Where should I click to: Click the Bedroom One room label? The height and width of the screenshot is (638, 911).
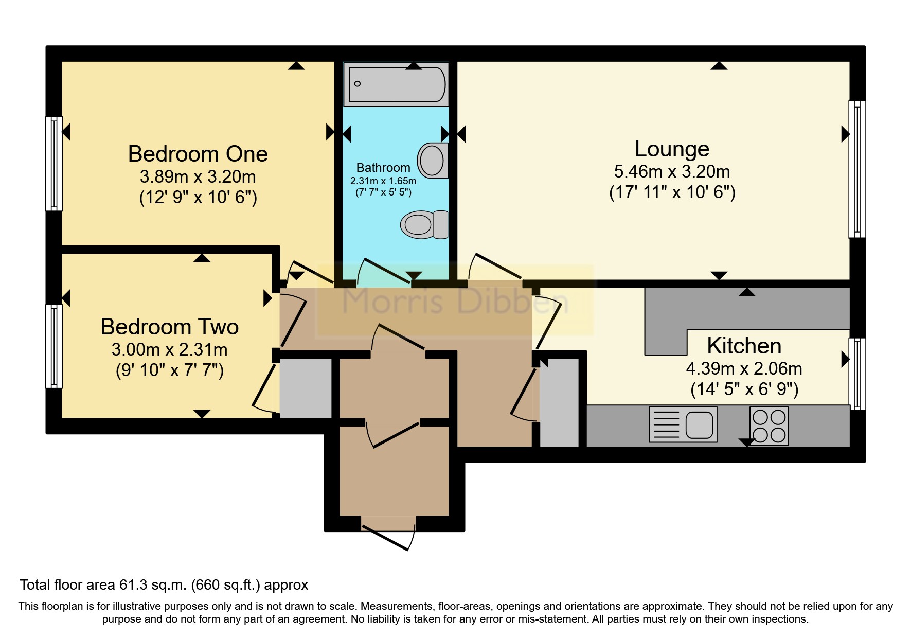click(198, 154)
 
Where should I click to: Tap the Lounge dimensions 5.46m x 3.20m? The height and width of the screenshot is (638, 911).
click(672, 171)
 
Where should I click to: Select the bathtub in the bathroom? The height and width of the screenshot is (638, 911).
click(396, 84)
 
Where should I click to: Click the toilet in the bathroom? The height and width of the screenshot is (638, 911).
click(424, 225)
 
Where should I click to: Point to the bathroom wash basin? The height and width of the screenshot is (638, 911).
click(432, 160)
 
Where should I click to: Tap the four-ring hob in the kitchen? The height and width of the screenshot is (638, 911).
click(769, 426)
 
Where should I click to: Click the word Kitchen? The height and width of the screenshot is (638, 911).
click(744, 346)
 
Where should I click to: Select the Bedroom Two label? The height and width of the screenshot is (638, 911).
click(169, 327)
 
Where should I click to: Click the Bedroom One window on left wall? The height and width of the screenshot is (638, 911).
click(54, 164)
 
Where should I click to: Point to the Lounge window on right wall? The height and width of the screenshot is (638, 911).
click(856, 169)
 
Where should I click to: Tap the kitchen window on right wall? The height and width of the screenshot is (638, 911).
click(856, 374)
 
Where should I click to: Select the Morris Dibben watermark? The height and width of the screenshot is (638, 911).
click(455, 301)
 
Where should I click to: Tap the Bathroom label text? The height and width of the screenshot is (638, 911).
click(383, 168)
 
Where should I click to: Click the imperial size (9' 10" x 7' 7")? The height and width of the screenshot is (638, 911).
click(169, 370)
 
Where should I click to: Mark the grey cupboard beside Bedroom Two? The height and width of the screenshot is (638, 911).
click(306, 388)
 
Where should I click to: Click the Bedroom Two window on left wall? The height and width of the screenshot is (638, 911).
click(54, 346)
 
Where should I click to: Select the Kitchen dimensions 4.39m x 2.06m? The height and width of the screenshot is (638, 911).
click(744, 368)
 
